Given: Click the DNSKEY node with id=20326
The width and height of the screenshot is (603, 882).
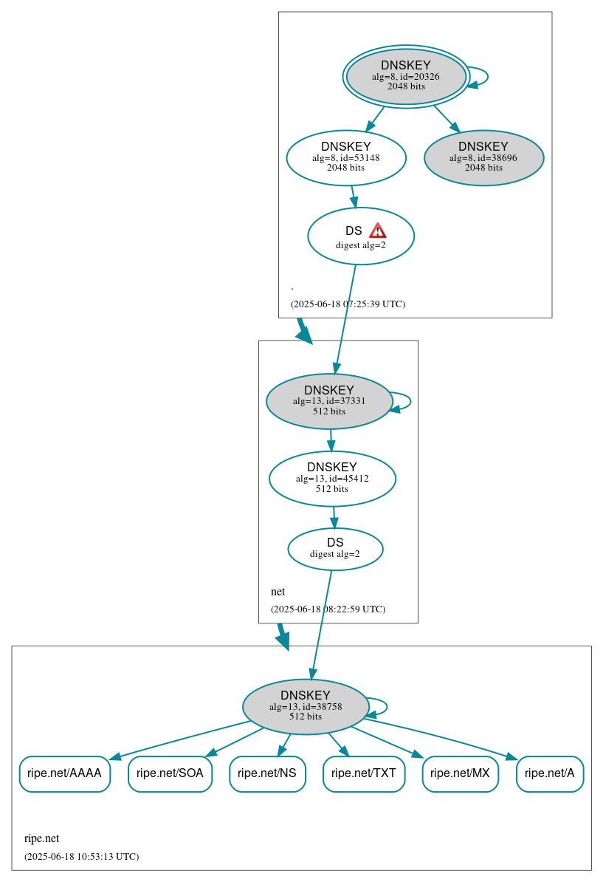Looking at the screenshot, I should tap(406, 76).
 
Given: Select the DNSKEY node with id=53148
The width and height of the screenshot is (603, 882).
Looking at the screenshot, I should tap(346, 157).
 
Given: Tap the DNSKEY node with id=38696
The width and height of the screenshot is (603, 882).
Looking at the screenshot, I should tap(483, 157).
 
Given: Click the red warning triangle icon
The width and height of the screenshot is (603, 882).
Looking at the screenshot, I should tap(377, 230).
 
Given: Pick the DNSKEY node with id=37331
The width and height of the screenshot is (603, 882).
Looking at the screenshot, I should tap(328, 401).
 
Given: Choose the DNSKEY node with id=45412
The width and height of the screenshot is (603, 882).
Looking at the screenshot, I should tap(332, 478).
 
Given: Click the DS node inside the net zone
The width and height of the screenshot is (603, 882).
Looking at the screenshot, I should tap(335, 549).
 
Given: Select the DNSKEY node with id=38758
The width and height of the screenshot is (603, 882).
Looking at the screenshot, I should tap(306, 706).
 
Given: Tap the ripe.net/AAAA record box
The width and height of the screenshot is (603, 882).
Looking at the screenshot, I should tap(64, 773).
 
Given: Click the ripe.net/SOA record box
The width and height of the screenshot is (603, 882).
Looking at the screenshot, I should tap(170, 773).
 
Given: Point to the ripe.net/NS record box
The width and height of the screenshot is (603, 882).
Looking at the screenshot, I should tap(267, 773).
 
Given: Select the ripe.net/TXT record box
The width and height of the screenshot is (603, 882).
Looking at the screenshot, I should tap(364, 773).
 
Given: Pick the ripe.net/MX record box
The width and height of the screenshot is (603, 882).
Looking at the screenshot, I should tap(460, 773).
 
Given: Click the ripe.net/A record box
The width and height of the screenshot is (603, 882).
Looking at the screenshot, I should tap(550, 773).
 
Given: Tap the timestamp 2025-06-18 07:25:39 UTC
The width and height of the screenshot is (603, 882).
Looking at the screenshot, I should tap(348, 304).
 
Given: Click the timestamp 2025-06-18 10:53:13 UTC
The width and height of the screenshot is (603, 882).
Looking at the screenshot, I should tap(81, 856).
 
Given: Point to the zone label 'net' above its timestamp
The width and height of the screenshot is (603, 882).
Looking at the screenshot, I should tap(278, 592).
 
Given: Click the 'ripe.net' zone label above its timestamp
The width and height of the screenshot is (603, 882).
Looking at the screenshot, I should tap(41, 838).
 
